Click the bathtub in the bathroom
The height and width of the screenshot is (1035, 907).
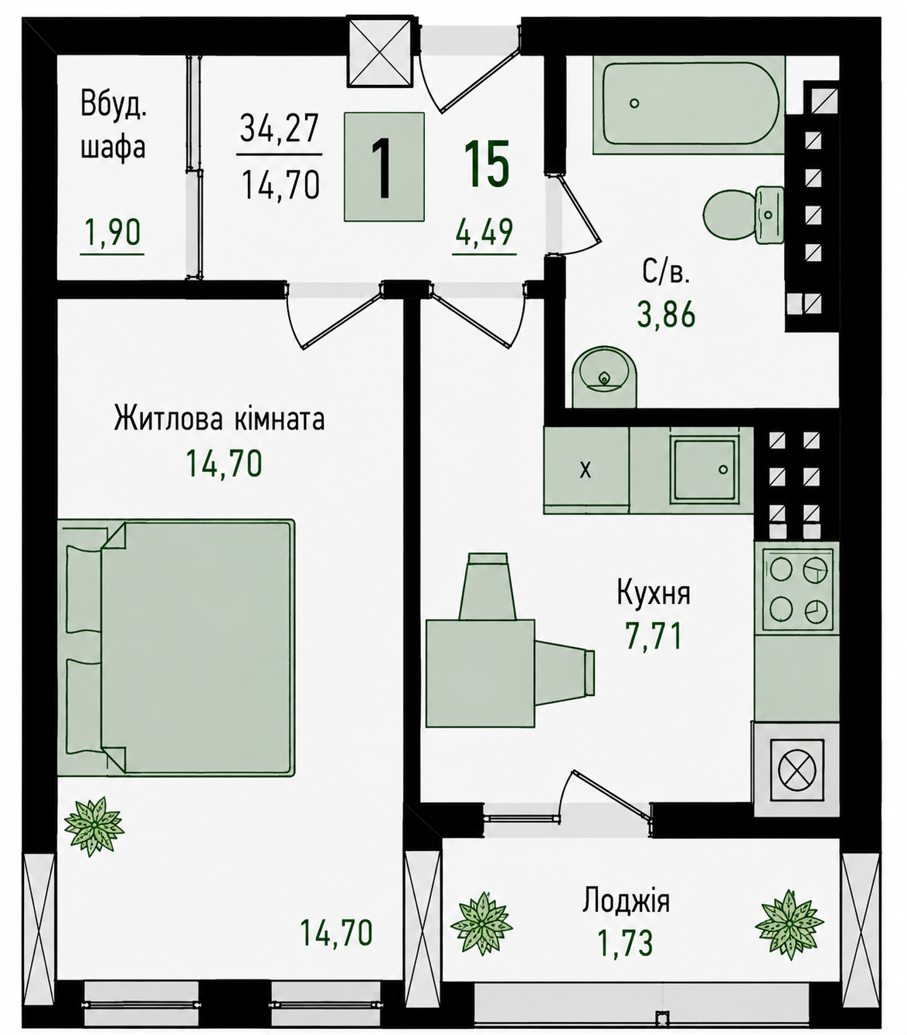point(688,105)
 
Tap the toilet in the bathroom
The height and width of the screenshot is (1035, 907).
point(742,215)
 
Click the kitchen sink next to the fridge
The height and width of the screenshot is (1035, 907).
point(704,469)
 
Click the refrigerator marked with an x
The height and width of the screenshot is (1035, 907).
point(586,470)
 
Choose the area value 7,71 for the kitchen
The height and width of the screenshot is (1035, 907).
point(654,637)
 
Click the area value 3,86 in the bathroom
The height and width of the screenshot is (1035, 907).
point(666,314)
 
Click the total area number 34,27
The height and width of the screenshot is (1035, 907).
point(280,128)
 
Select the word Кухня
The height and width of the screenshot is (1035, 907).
point(654,593)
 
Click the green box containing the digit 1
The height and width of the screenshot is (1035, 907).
point(384,167)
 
